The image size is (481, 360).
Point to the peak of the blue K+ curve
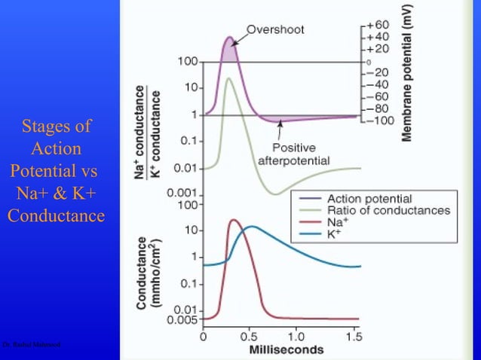coord(251,226)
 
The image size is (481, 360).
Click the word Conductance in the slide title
coord(56,216)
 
